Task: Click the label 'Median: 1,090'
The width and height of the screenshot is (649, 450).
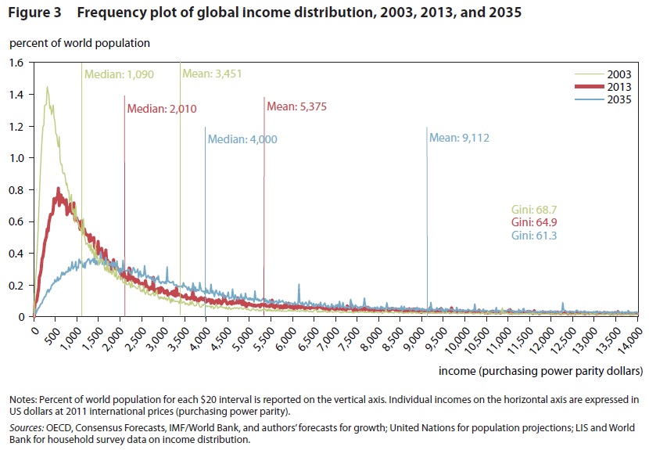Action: (119, 75)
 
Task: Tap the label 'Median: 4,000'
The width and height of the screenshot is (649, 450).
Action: (242, 140)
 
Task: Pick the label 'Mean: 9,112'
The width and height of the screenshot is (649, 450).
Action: (461, 138)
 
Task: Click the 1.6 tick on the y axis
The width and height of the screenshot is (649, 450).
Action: (16, 63)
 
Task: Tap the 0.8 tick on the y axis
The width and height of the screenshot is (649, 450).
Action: (16, 189)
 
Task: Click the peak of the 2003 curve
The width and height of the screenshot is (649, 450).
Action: (47, 87)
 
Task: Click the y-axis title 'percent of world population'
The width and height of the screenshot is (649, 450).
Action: (79, 43)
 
